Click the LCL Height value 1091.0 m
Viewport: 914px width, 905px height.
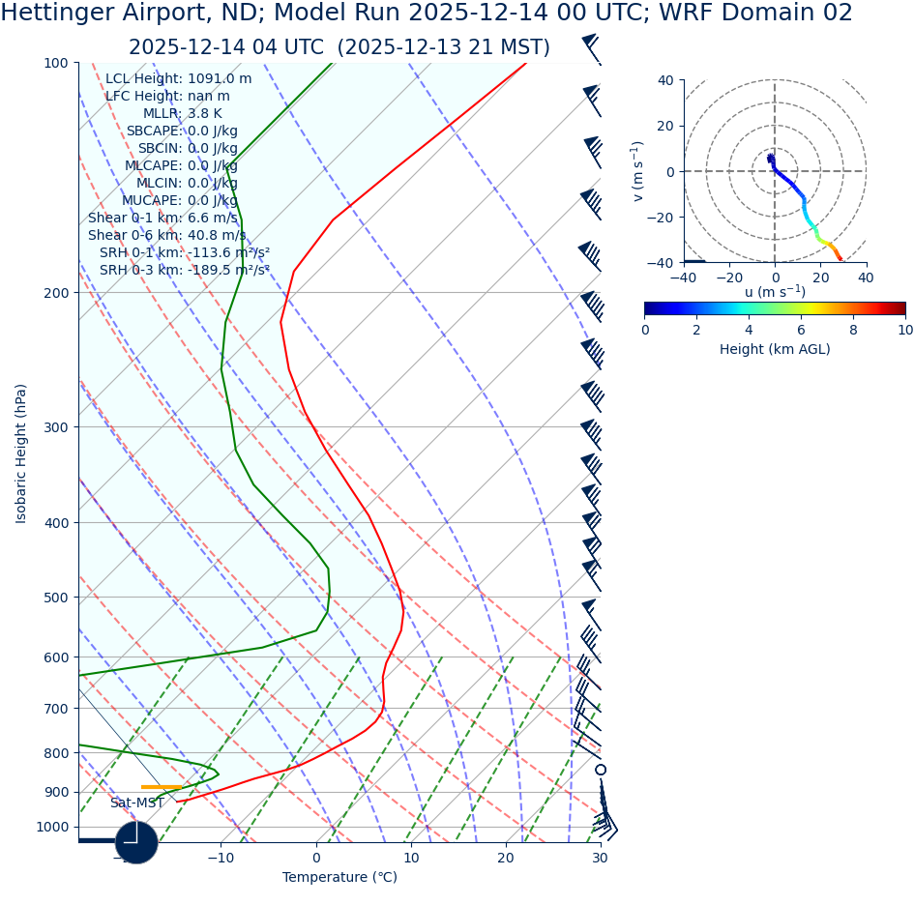pyautogui.click(x=218, y=79)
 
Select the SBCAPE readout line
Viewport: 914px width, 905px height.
pyautogui.click(x=182, y=131)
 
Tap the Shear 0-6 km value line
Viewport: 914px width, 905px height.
pyautogui.click(x=167, y=236)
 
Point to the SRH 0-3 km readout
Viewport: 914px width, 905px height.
pyautogui.click(x=185, y=271)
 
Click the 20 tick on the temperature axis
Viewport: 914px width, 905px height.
pyautogui.click(x=506, y=858)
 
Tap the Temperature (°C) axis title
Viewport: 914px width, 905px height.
pyautogui.click(x=339, y=878)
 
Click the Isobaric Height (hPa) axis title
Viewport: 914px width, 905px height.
pyautogui.click(x=21, y=453)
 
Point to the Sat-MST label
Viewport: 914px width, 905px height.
pyautogui.click(x=136, y=803)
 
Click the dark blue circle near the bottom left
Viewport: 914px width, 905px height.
pyautogui.click(x=136, y=842)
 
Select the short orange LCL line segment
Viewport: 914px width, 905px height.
pyautogui.click(x=161, y=787)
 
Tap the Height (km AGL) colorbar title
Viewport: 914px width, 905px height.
pyautogui.click(x=775, y=350)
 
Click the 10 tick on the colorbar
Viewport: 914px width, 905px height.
pyautogui.click(x=905, y=330)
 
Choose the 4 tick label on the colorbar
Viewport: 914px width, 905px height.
pyautogui.click(x=749, y=330)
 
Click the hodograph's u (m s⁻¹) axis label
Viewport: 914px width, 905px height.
pyautogui.click(x=775, y=292)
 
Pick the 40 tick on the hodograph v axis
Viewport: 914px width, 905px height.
pyautogui.click(x=665, y=80)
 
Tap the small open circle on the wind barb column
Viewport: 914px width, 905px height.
pyautogui.click(x=601, y=770)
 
